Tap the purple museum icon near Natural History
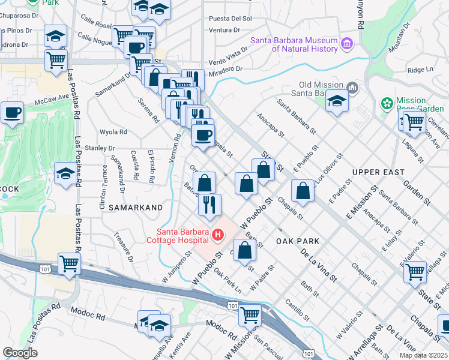[346, 43]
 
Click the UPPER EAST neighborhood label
[378, 172]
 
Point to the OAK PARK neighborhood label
[298, 241]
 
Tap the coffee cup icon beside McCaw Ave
[12, 112]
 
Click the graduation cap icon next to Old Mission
[337, 101]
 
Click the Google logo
[20, 353]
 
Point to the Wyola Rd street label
[113, 131]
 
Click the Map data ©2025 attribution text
[424, 355]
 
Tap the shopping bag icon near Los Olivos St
[303, 191]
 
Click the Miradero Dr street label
[226, 68]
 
